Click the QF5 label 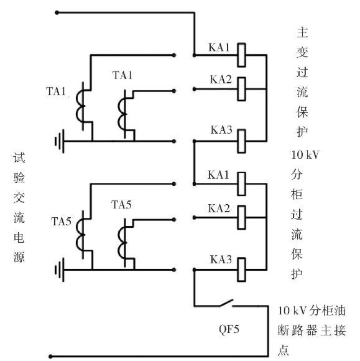[229, 329]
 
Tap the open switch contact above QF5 [226, 302]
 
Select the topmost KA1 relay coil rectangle [241, 55]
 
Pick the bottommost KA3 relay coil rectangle [241, 270]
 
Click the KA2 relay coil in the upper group [241, 89]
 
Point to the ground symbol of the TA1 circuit [59, 141]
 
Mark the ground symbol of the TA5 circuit [59, 270]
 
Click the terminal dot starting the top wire [57, 12]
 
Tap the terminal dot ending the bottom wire [50, 357]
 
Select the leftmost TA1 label [56, 91]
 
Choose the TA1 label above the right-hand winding [122, 75]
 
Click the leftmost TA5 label [61, 221]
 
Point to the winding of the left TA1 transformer [80, 106]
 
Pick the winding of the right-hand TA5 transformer [122, 243]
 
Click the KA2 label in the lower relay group [219, 209]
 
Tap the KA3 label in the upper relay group [221, 129]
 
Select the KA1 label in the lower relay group [218, 175]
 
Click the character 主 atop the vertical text [302, 32]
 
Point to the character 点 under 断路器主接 [284, 350]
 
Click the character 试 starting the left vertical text [19, 157]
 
